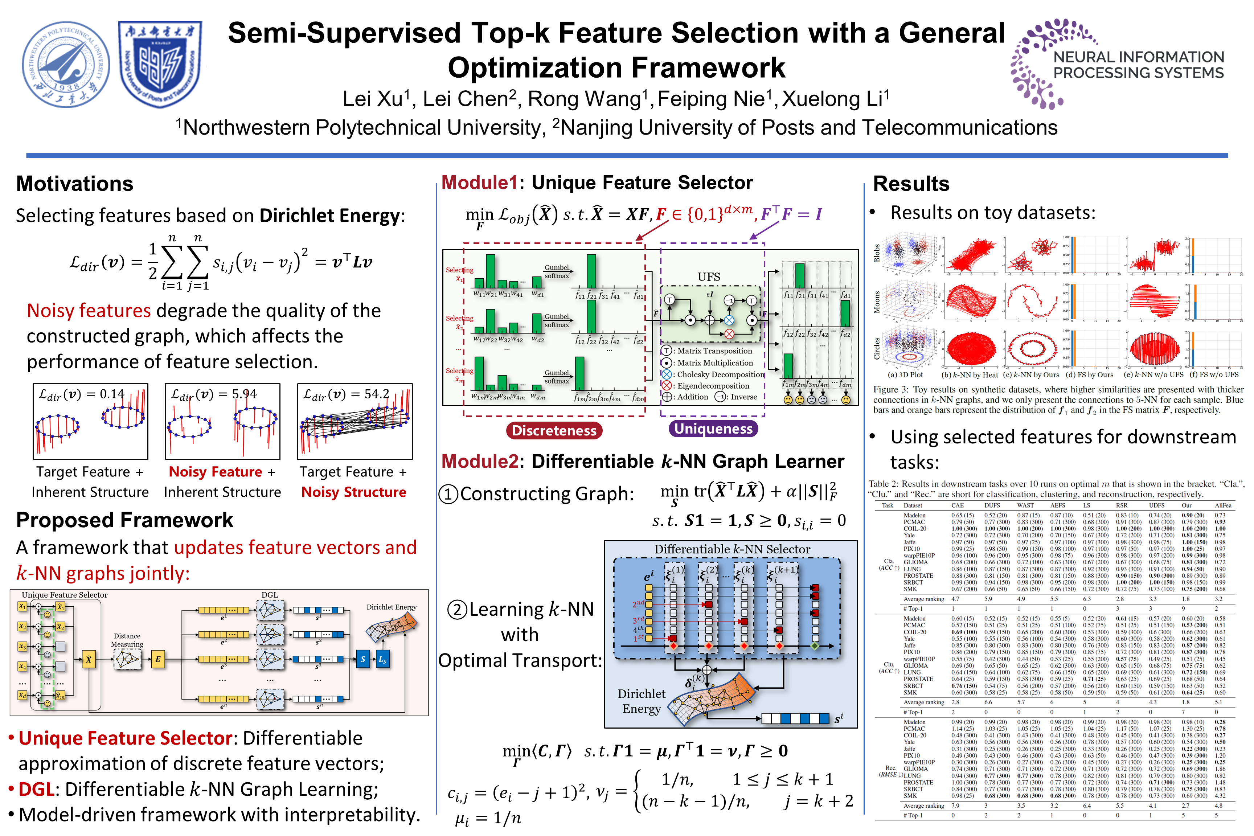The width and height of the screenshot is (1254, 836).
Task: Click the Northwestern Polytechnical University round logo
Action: [x=66, y=65]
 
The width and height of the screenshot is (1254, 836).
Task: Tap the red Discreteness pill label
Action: [x=554, y=431]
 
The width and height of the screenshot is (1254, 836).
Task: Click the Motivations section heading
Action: [x=75, y=184]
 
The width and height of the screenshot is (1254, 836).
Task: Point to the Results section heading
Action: [x=911, y=184]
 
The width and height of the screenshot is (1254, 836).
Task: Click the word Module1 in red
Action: [x=479, y=183]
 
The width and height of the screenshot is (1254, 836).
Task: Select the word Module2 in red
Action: [x=479, y=462]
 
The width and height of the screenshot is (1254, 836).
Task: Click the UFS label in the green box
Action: [x=709, y=277]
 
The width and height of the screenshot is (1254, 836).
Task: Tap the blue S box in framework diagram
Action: [x=362, y=660]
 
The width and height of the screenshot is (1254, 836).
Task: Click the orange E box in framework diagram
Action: [x=158, y=660]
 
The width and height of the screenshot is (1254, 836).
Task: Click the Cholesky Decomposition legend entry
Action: [x=720, y=375]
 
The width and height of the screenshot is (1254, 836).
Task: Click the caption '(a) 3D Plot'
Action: [x=905, y=375]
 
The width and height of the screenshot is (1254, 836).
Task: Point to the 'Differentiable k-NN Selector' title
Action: [x=731, y=549]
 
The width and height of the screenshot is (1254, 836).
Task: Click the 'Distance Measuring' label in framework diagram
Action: [x=127, y=640]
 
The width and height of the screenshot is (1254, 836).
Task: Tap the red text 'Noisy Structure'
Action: [x=353, y=492]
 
